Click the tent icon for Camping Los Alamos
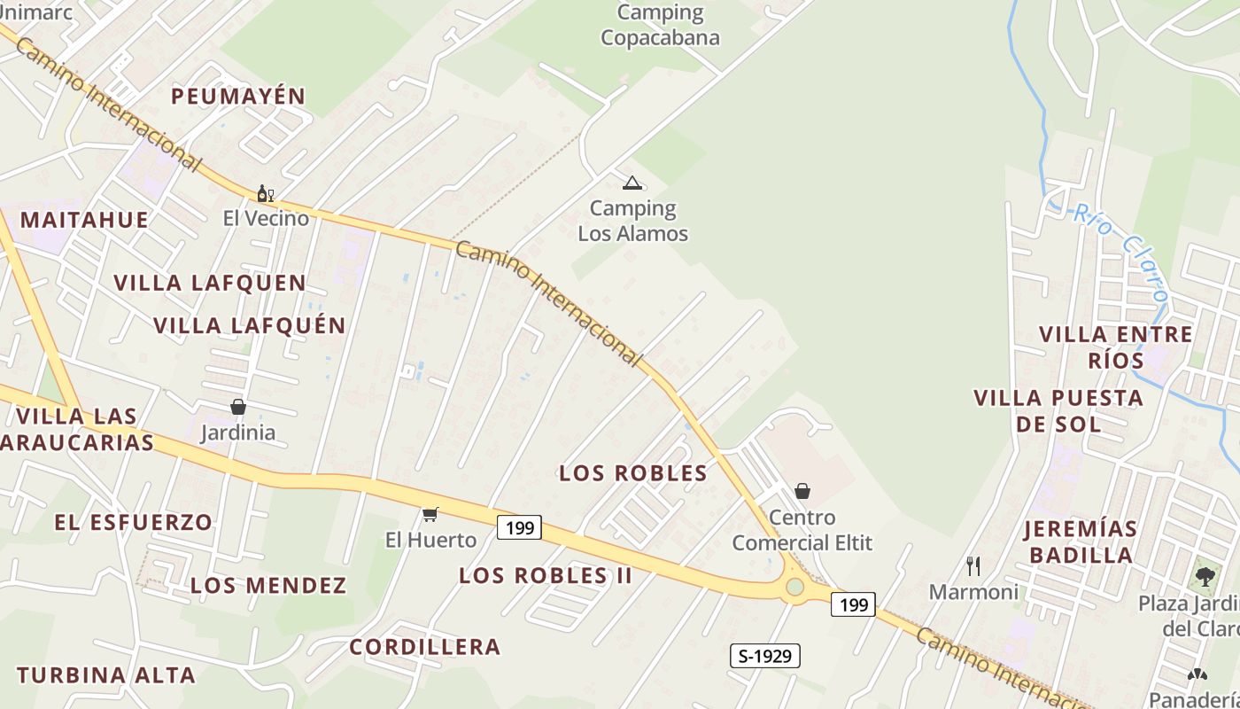632,183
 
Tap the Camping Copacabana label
660,25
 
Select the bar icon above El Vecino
265,193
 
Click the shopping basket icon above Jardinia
238,407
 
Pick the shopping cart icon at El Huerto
430,514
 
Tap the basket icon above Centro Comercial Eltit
802,490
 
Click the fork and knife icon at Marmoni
973,565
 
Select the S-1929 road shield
764,656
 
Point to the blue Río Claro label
1120,252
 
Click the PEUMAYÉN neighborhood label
238,97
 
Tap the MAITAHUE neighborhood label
84,220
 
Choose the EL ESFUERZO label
134,522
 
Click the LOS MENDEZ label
268,586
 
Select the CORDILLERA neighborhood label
425,647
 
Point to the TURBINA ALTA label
106,675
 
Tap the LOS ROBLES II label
546,575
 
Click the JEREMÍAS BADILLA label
1080,541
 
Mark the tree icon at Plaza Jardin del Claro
1205,576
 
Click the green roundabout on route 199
794,587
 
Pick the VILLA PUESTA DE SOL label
1058,410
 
